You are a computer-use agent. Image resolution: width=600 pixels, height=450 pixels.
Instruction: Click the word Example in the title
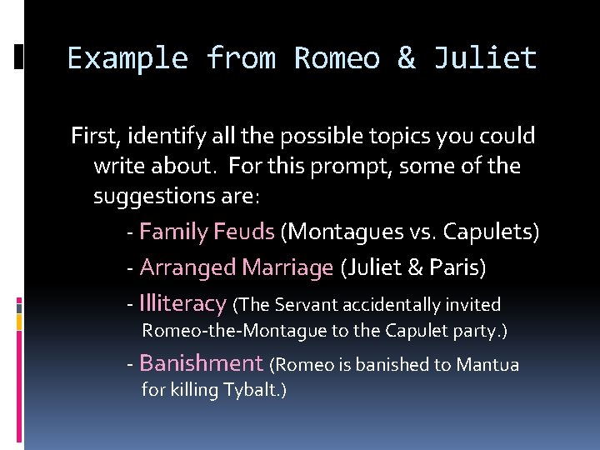(x=127, y=59)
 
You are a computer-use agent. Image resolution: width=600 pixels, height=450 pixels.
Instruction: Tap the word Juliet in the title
(x=485, y=59)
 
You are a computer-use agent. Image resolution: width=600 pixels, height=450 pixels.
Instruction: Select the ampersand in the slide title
(x=407, y=59)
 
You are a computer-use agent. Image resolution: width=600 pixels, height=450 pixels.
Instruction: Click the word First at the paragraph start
(x=92, y=135)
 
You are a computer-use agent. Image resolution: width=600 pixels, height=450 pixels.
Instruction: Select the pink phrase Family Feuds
(x=207, y=231)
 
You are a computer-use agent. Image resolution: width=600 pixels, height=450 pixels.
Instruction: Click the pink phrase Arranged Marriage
(x=237, y=267)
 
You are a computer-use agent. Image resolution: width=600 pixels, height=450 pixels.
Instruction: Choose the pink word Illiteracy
(x=182, y=303)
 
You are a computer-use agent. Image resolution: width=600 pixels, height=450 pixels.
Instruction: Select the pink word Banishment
(x=201, y=363)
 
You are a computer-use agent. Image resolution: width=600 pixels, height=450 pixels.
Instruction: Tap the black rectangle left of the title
(x=19, y=57)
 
